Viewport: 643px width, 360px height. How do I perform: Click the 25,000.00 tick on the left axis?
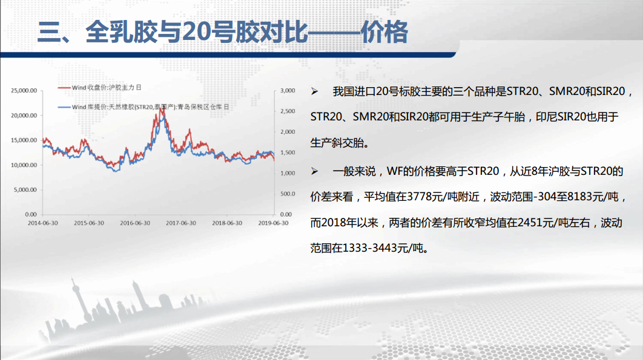pyautogui.click(x=24, y=91)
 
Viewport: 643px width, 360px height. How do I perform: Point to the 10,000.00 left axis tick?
pyautogui.click(x=24, y=165)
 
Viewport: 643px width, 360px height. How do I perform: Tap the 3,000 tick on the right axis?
pyautogui.click(x=288, y=91)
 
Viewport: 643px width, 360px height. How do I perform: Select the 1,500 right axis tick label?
pyautogui.click(x=288, y=152)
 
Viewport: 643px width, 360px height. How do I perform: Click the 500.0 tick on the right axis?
pyautogui.click(x=288, y=194)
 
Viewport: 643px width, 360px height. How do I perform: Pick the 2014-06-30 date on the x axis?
pyautogui.click(x=42, y=223)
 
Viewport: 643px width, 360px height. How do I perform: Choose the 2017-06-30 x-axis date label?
pyautogui.click(x=181, y=223)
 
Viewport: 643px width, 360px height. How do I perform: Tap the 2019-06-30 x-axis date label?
pyautogui.click(x=273, y=223)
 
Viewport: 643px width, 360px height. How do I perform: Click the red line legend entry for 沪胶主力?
pyautogui.click(x=100, y=87)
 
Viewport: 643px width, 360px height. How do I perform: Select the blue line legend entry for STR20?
pyautogui.click(x=143, y=107)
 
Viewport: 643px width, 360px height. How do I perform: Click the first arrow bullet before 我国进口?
pyautogui.click(x=314, y=91)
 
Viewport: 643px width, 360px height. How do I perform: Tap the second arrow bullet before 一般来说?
pyautogui.click(x=314, y=171)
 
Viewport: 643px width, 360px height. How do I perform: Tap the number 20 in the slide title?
pyautogui.click(x=196, y=32)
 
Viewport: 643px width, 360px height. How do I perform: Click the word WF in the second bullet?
pyautogui.click(x=395, y=171)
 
